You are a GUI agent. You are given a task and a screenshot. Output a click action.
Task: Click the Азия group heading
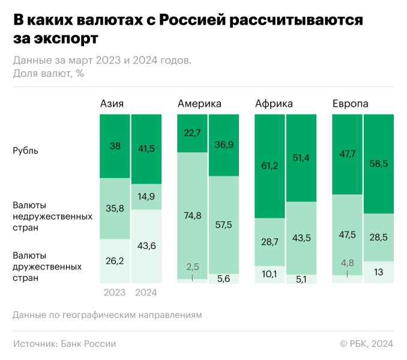pyautogui.click(x=112, y=104)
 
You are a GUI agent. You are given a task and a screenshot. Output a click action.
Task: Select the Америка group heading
pyautogui.click(x=199, y=104)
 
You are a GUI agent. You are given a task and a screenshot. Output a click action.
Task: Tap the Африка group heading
pyautogui.click(x=274, y=104)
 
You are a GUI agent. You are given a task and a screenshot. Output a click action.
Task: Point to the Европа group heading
pyautogui.click(x=351, y=104)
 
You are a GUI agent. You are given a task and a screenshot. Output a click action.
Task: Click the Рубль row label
pyautogui.click(x=26, y=151)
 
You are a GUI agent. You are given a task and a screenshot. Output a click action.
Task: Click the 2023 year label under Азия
pyautogui.click(x=114, y=293)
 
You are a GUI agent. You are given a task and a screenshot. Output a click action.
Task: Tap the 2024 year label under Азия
pyautogui.click(x=146, y=293)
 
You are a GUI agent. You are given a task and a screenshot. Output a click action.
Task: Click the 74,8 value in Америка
pyautogui.click(x=192, y=217)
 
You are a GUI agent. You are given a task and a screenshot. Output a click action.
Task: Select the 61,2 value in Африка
pyautogui.click(x=270, y=166)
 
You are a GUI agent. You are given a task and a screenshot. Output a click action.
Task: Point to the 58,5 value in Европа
pyautogui.click(x=379, y=163)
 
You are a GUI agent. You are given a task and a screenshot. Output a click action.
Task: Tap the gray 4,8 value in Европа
pyautogui.click(x=348, y=262)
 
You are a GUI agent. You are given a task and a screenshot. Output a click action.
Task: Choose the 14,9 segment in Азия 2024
pyautogui.click(x=146, y=196)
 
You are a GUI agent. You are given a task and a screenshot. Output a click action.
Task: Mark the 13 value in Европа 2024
pyautogui.click(x=379, y=272)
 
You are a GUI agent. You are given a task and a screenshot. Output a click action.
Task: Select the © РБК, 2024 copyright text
pyautogui.click(x=366, y=344)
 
